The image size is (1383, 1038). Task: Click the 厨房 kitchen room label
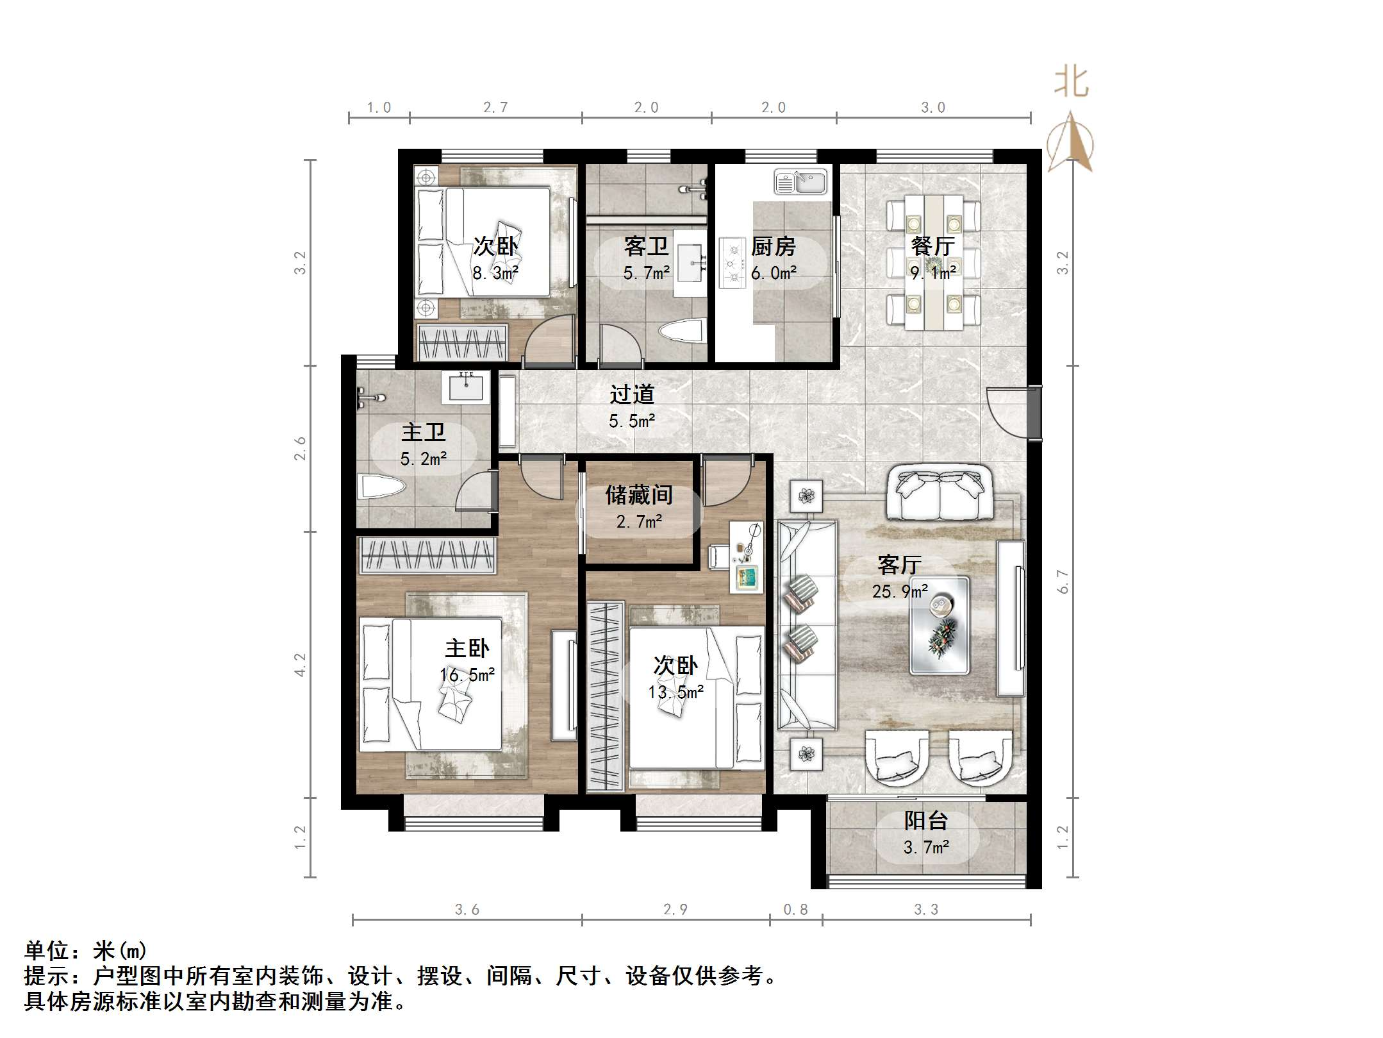point(773,246)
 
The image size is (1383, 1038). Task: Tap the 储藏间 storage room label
point(639,495)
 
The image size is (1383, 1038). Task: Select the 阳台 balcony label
point(926,821)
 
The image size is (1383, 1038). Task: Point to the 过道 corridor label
point(632,394)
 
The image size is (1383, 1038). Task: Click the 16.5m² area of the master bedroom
point(467,675)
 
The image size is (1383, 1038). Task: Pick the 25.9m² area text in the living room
point(900,591)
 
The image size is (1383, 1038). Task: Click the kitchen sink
point(800,181)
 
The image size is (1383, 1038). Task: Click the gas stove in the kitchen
point(731,262)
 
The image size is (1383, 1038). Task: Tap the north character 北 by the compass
point(1072,83)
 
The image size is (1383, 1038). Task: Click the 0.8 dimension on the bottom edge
point(795,910)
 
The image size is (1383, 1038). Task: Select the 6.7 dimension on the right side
point(1063,581)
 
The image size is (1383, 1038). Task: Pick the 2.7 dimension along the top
point(495,108)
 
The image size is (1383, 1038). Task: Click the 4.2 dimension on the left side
point(300,664)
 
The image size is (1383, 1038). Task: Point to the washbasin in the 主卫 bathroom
point(465,387)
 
